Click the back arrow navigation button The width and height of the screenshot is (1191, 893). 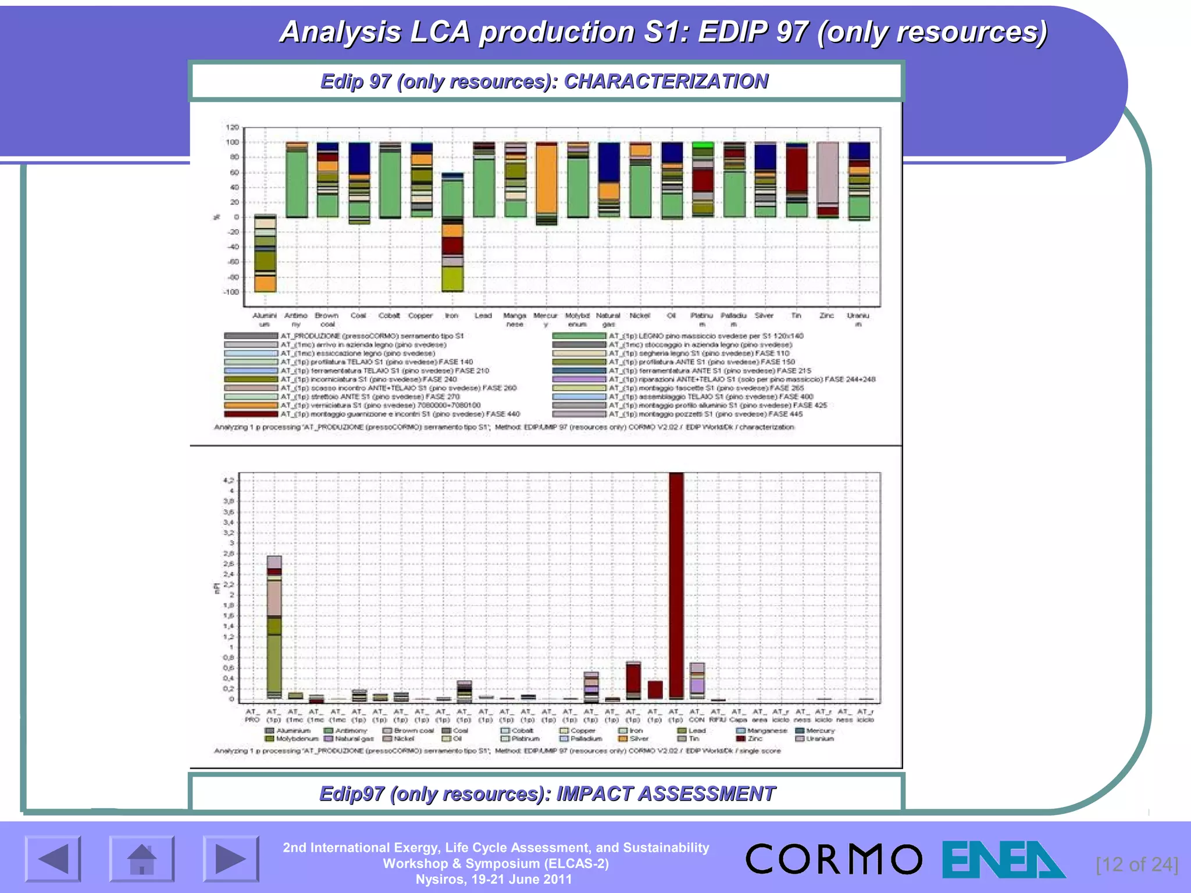[53, 859]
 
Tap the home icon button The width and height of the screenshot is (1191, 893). [142, 859]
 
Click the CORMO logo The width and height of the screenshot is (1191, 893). [833, 859]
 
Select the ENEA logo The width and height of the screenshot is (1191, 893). [1003, 859]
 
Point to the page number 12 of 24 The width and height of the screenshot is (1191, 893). [1136, 865]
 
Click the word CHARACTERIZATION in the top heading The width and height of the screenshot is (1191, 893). [666, 81]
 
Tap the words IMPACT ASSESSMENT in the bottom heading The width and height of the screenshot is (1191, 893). [665, 794]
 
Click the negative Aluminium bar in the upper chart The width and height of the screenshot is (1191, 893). [265, 253]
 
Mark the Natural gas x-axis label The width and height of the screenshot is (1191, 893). [608, 320]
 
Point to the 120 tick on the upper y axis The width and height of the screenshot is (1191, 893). [232, 127]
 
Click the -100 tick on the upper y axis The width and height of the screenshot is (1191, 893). [231, 292]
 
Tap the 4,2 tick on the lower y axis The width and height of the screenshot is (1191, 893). [229, 481]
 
